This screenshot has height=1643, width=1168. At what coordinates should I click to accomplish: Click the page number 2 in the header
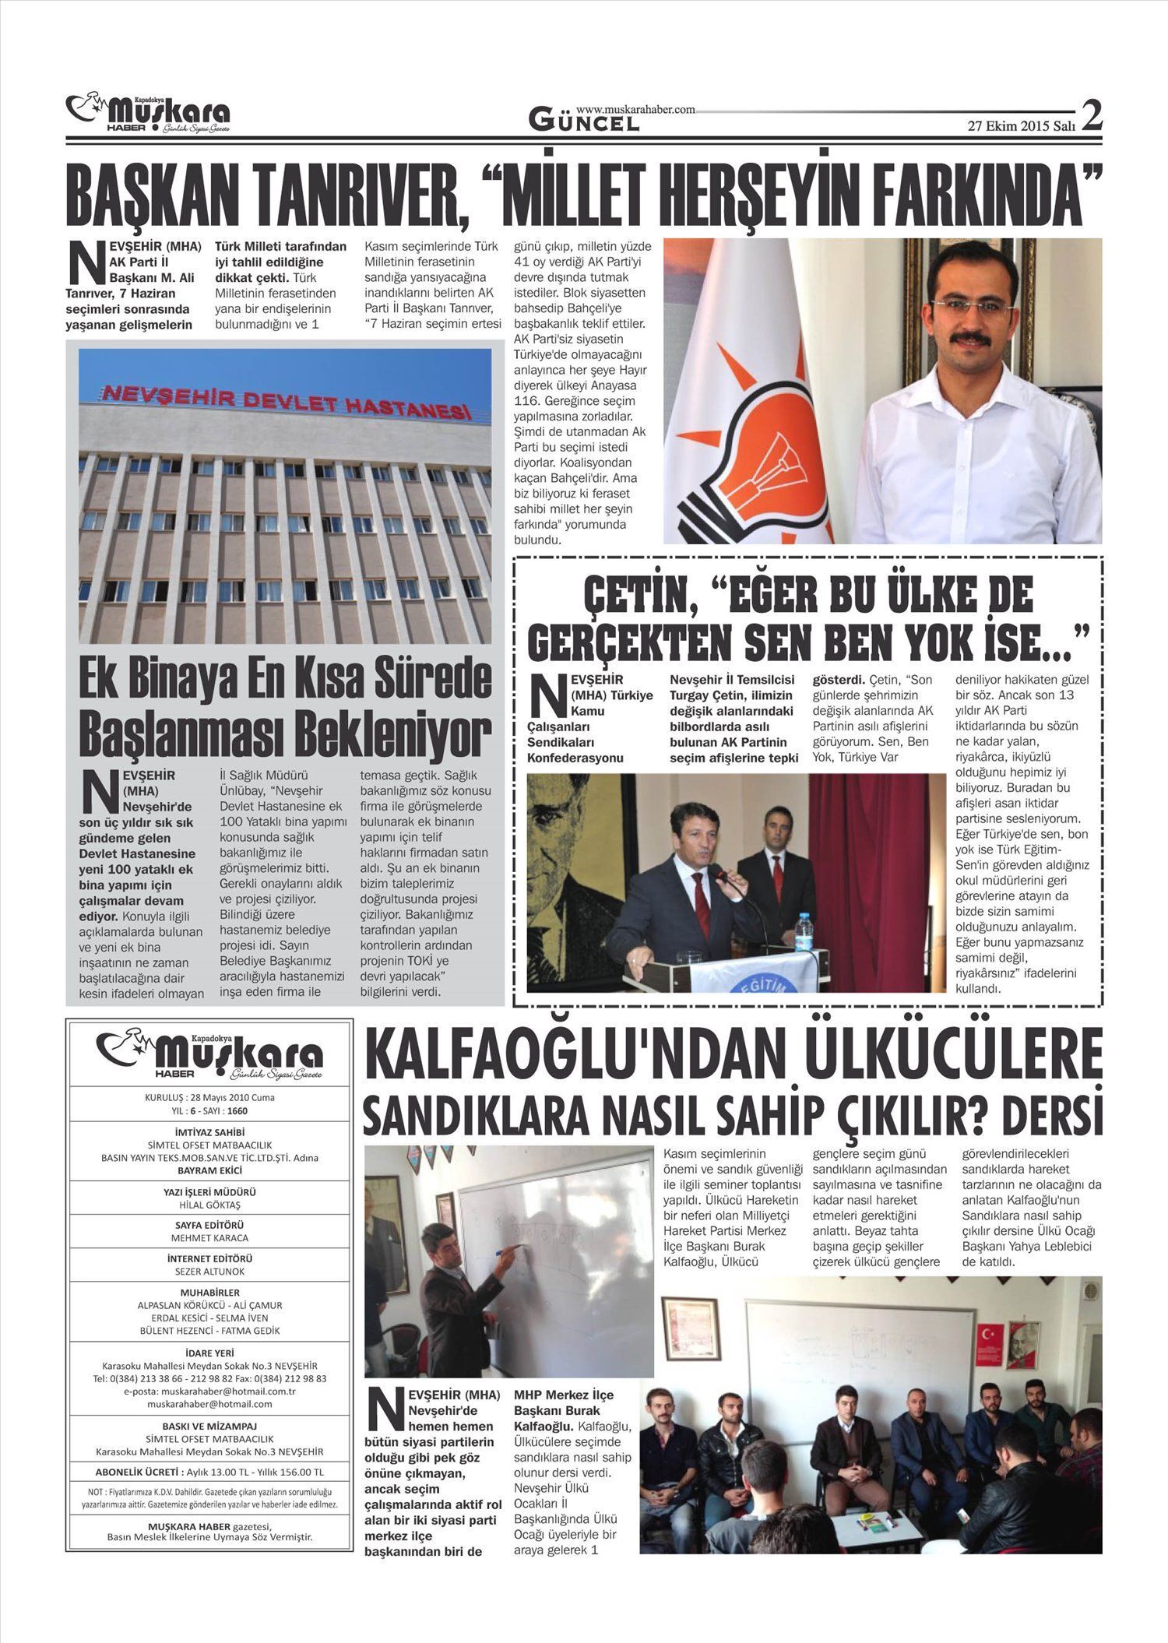point(1092,117)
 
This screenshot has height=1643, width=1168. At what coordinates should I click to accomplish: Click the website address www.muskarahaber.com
point(635,111)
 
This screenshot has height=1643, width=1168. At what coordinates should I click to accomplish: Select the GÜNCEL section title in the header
point(584,120)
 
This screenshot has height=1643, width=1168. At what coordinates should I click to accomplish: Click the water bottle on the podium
point(804,934)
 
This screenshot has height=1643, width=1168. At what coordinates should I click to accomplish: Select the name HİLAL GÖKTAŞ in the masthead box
point(209,1205)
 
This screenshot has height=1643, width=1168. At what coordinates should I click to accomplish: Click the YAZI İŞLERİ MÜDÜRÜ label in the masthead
point(209,1191)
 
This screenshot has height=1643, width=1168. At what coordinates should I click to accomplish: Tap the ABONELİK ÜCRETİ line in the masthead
point(209,1472)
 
